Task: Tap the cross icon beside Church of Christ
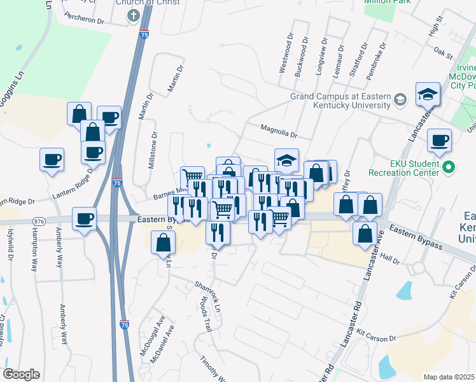[x=134, y=16]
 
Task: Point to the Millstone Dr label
[x=153, y=150]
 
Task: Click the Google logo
[x=21, y=374]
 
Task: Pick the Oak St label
[x=438, y=48]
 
